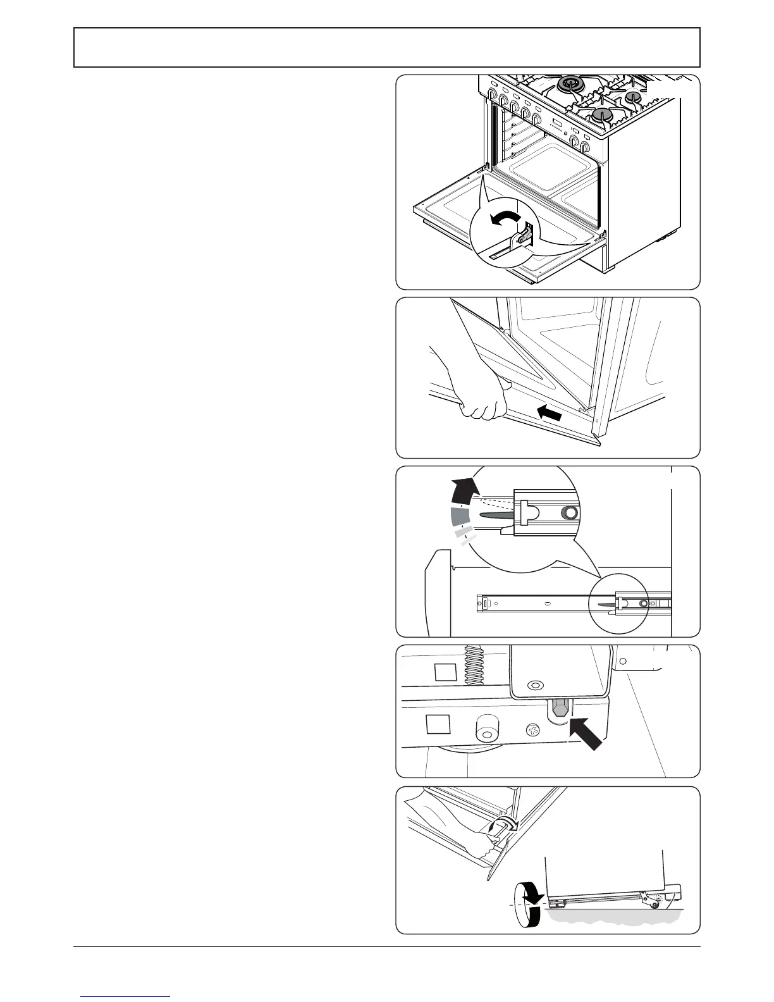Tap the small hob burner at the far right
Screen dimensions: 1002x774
tap(633, 97)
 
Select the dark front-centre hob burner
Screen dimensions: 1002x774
tap(601, 115)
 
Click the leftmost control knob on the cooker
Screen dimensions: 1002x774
tap(493, 95)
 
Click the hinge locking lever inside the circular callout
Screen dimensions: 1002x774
tap(522, 238)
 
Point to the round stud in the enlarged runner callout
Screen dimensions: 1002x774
tap(570, 513)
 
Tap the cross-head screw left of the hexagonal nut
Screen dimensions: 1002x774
tap(535, 731)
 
